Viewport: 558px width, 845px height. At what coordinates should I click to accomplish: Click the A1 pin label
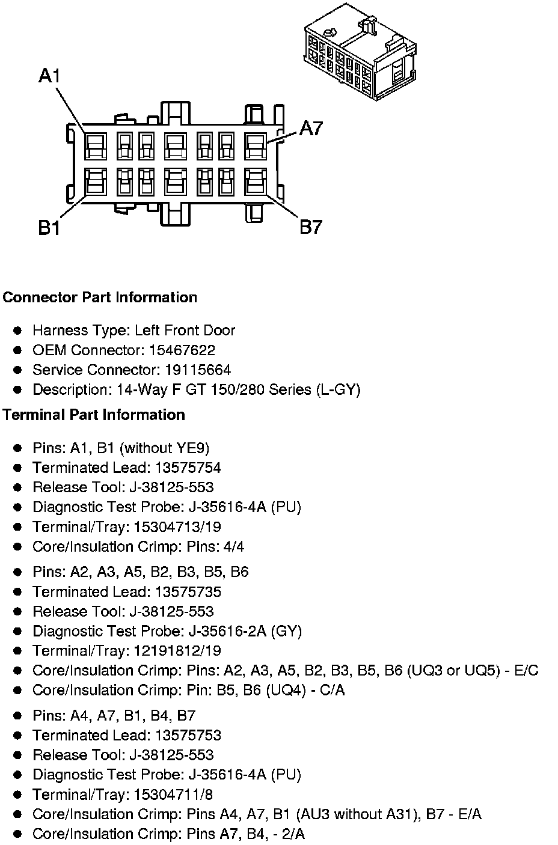pyautogui.click(x=49, y=76)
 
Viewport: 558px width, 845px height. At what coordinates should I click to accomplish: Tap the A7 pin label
pyautogui.click(x=311, y=128)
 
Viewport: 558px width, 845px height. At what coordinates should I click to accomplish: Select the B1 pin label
pyautogui.click(x=49, y=228)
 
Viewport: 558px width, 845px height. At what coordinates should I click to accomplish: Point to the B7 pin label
pyautogui.click(x=311, y=227)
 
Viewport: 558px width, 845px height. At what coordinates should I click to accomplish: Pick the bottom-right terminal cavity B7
pyautogui.click(x=256, y=181)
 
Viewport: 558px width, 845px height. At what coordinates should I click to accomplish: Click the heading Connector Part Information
pyautogui.click(x=100, y=297)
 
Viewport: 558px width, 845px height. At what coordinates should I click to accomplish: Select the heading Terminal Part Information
pyautogui.click(x=94, y=415)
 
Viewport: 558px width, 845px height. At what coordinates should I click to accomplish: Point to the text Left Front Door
pyautogui.click(x=185, y=330)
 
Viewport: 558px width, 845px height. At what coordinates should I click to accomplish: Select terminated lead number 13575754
pyautogui.click(x=188, y=468)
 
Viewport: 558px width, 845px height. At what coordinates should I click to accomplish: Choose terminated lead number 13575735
pyautogui.click(x=188, y=591)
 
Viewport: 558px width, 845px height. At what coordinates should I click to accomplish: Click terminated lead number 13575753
pyautogui.click(x=188, y=735)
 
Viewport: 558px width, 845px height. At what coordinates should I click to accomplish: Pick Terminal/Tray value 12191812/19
pyautogui.click(x=177, y=650)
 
